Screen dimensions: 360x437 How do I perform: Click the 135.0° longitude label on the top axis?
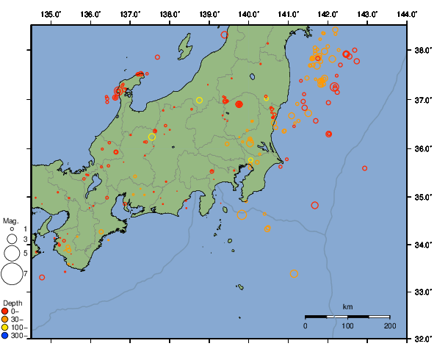coord(51,14)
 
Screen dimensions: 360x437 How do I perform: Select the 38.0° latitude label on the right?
coord(421,51)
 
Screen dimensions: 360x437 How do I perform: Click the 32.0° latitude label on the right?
coord(421,339)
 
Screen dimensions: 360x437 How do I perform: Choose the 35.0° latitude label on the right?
coord(421,197)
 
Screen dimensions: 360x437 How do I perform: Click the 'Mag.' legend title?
coord(10,220)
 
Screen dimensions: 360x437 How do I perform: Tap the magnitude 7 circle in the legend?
coord(12,274)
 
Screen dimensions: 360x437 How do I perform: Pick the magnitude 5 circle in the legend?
coord(12,253)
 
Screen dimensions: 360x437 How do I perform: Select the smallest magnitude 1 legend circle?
coord(12,229)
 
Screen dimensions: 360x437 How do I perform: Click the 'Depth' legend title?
coord(12,303)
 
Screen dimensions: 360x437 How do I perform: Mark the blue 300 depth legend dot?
coord(5,336)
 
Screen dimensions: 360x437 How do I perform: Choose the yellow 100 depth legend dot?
coord(5,327)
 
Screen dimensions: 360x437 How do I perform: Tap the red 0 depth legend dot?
coord(5,311)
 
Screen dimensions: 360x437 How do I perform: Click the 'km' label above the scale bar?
coord(347,306)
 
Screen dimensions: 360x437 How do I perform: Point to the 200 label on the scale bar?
coord(389,325)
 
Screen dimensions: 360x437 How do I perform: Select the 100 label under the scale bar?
coord(347,325)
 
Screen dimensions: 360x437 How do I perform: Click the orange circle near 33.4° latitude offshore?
coord(294,274)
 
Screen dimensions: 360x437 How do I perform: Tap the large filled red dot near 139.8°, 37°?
coord(239,104)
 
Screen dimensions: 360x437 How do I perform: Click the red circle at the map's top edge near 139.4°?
coord(225,35)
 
